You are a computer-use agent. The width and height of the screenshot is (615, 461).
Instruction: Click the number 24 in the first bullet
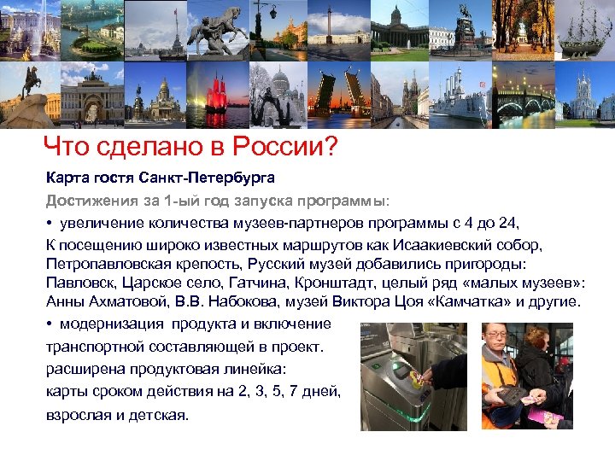click(508, 224)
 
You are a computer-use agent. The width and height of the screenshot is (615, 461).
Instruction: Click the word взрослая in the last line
click(75, 415)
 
